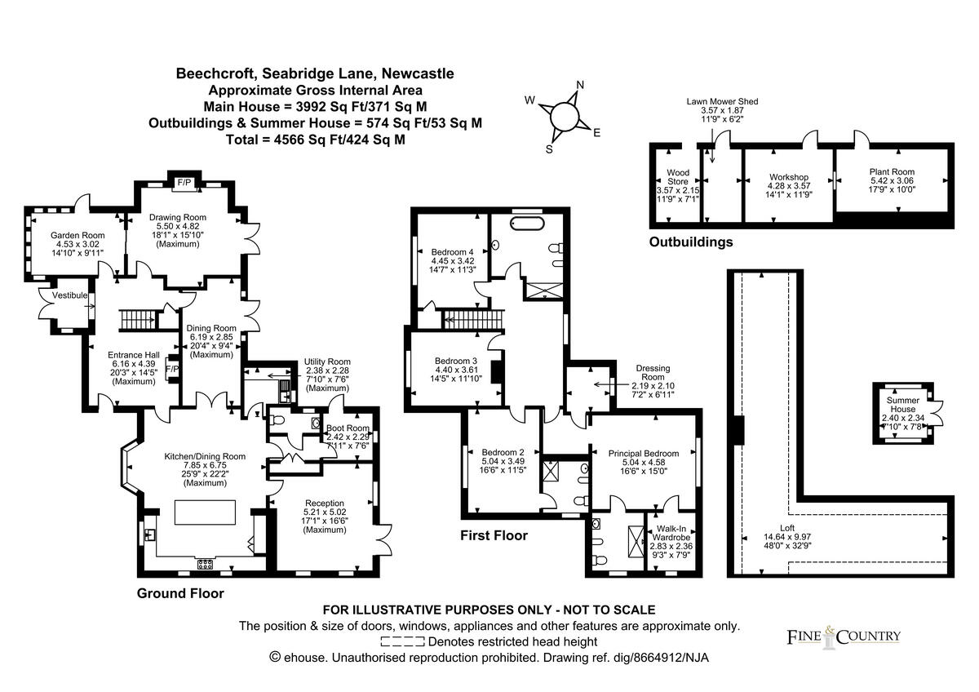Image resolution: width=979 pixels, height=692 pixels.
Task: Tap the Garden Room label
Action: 60,233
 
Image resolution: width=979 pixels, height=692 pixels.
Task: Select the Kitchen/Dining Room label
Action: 205,456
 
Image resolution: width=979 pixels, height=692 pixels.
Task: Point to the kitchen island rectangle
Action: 206,513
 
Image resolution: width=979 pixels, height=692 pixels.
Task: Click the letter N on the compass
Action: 581,85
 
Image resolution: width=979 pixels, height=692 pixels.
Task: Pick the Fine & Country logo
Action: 844,637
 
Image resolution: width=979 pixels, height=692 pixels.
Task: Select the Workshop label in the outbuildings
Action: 789,177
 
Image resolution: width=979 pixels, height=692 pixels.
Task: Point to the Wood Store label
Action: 678,173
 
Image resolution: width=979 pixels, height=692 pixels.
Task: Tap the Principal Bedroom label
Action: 644,454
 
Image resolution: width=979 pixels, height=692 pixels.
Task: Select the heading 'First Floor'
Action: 493,536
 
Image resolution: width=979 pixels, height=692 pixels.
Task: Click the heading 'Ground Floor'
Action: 179,593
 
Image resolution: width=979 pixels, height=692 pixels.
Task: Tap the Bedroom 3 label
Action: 455,362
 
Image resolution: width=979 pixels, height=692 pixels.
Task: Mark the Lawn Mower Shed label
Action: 722,102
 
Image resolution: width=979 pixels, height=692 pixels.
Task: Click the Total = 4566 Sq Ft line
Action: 315,140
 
